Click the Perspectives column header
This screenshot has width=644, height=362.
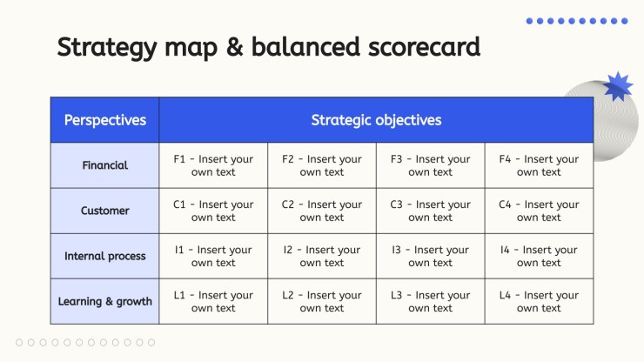104,120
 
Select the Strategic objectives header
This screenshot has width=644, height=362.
376,120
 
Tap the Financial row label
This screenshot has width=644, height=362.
104,165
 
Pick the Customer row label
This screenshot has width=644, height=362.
104,211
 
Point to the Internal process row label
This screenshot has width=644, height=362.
104,256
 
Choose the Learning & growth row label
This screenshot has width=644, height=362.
104,301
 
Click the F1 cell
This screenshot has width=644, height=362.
213,165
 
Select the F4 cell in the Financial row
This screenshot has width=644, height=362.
539,165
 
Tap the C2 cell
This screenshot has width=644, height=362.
322,211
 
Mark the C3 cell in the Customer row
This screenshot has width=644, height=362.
431,211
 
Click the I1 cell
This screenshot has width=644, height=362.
213,256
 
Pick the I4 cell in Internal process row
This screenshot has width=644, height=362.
539,256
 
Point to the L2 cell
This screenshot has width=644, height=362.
322,301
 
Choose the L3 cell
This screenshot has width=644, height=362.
431,301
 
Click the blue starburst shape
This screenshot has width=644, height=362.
618,86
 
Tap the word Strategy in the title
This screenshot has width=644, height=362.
107,48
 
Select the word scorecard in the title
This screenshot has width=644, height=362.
424,46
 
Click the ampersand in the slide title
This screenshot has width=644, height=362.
234,46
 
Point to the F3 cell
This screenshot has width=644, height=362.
431,165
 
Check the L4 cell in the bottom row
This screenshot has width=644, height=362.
539,301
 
